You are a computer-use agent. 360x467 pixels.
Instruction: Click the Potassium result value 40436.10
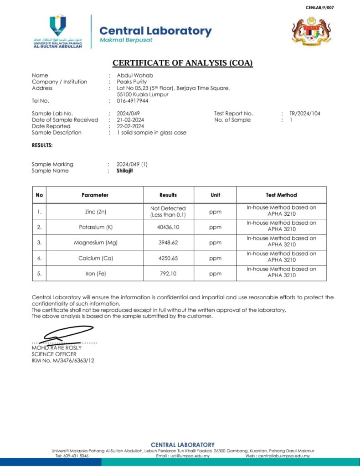point(168,227)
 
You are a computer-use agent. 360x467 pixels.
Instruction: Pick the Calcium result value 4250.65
point(168,258)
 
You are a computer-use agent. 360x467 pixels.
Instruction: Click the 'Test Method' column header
point(281,195)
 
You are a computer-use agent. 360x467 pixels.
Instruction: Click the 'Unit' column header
point(215,195)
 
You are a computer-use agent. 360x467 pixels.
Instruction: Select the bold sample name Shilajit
point(125,171)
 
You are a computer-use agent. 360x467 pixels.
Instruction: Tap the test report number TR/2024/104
point(304,114)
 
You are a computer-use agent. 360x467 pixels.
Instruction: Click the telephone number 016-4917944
point(132,101)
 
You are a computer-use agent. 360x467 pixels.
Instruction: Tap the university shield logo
point(58,26)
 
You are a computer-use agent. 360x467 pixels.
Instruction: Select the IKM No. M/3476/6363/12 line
point(63,360)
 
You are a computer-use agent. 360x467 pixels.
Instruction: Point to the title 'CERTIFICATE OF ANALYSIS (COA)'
point(182,63)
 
